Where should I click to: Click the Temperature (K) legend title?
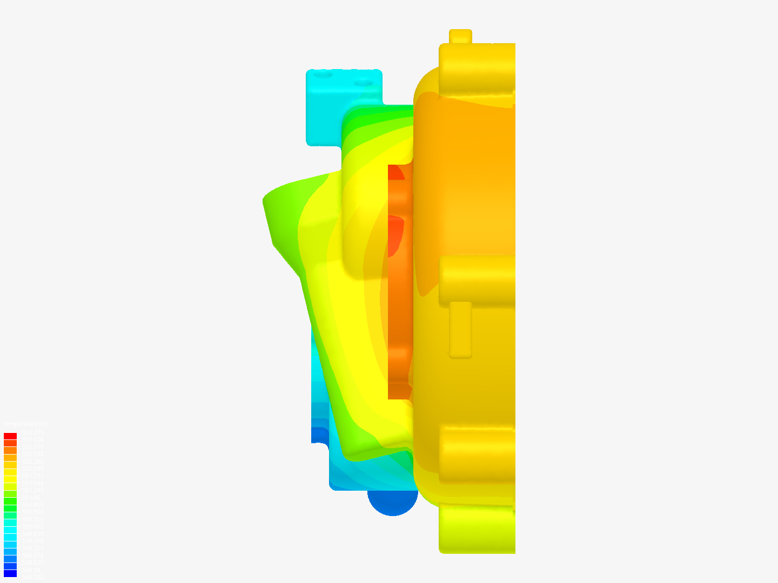pos(25,424)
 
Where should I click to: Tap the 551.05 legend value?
pos(31,498)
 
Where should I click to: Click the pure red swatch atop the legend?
pos(10,436)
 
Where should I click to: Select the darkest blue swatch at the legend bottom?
pos(10,573)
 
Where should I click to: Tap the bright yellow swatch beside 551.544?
pos(10,479)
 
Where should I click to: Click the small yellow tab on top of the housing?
pos(460,36)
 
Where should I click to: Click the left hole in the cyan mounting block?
pos(324,76)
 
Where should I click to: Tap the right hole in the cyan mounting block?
pos(363,84)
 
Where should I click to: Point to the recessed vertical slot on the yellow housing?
pos(460,329)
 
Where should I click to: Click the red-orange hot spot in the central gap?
pos(395,235)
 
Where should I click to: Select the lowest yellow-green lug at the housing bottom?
pos(475,529)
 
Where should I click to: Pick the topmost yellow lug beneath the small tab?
pos(475,70)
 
